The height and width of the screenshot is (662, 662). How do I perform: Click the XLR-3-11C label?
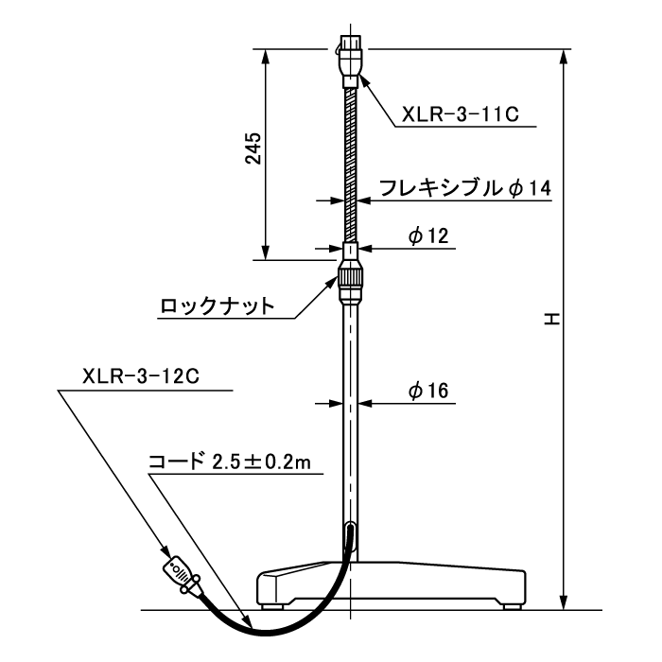[x=461, y=114]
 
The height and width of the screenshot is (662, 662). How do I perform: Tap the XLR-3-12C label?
[x=141, y=376]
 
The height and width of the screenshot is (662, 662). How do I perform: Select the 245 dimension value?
[x=253, y=148]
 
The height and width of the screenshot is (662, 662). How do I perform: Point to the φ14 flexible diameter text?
[x=530, y=188]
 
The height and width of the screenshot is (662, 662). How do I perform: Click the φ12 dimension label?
[x=428, y=235]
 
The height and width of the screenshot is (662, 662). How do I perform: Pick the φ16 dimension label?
[x=428, y=391]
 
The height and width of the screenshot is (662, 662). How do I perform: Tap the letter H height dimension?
[x=551, y=319]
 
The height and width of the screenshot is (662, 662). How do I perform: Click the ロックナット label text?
[x=217, y=305]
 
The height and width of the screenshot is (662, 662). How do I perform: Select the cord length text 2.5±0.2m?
[x=261, y=462]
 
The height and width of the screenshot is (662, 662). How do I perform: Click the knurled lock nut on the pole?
[x=351, y=280]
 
